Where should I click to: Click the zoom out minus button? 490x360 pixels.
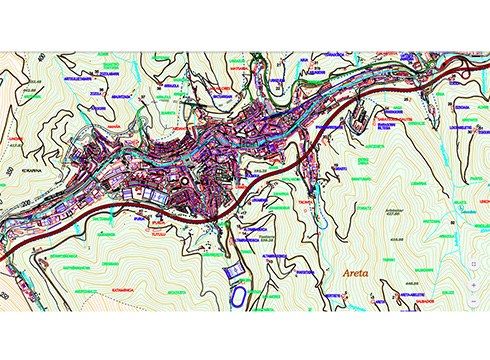(x=473, y=299)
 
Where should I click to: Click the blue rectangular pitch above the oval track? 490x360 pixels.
(x=233, y=270)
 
